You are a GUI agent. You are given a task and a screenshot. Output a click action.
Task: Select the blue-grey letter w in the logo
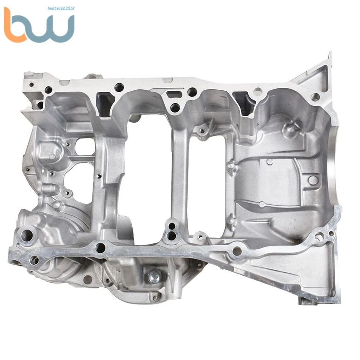coord(55,29)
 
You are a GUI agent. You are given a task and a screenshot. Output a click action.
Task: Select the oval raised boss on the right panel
coord(312,180)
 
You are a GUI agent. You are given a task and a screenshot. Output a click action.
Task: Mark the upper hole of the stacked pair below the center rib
coord(172,226)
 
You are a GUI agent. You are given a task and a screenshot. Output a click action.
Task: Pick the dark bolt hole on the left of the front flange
coord(100,247)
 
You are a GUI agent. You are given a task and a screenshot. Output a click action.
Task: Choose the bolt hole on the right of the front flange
coord(237,251)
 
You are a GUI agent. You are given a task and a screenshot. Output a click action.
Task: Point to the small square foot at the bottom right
coord(304,300)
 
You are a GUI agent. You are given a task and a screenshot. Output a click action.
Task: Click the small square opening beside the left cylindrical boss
coord(83,146)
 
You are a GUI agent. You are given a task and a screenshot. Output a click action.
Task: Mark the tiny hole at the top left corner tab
coord(31,84)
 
